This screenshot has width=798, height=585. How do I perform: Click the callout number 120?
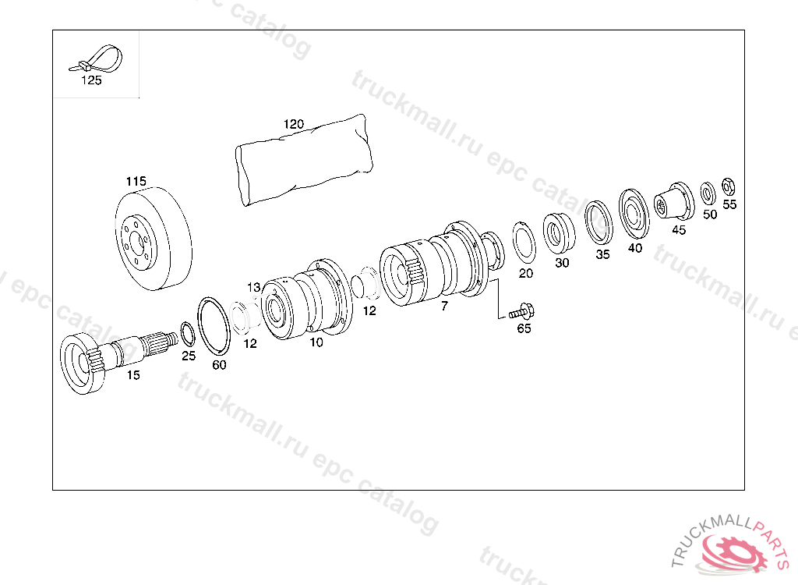(x=294, y=124)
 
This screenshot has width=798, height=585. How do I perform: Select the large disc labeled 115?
(x=154, y=239)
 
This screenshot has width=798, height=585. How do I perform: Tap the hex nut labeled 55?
(x=729, y=187)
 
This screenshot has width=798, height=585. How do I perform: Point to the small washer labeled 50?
(x=708, y=193)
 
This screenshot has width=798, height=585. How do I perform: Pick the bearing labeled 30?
(x=559, y=233)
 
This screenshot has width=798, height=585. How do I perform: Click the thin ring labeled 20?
(x=523, y=242)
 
